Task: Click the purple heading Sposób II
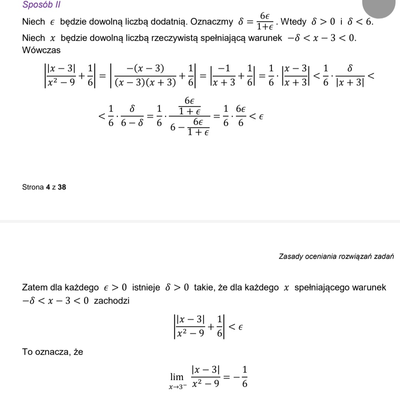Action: coord(41,5)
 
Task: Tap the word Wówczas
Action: coord(41,50)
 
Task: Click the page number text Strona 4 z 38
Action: coord(44,187)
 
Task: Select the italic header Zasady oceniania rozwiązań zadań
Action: coord(336,256)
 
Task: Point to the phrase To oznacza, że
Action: coord(53,351)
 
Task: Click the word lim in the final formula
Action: coord(177,377)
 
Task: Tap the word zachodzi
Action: coord(111,300)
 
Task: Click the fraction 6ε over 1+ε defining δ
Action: coord(264,21)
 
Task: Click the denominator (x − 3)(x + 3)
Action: coord(145,83)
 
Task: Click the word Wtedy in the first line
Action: coord(294,22)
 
